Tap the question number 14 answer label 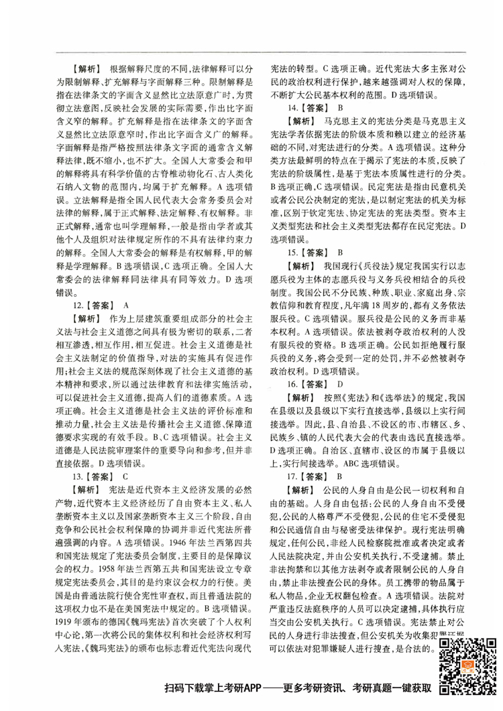tap(307, 107)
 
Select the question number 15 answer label tap(307, 252)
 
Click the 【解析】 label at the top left tap(86, 69)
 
